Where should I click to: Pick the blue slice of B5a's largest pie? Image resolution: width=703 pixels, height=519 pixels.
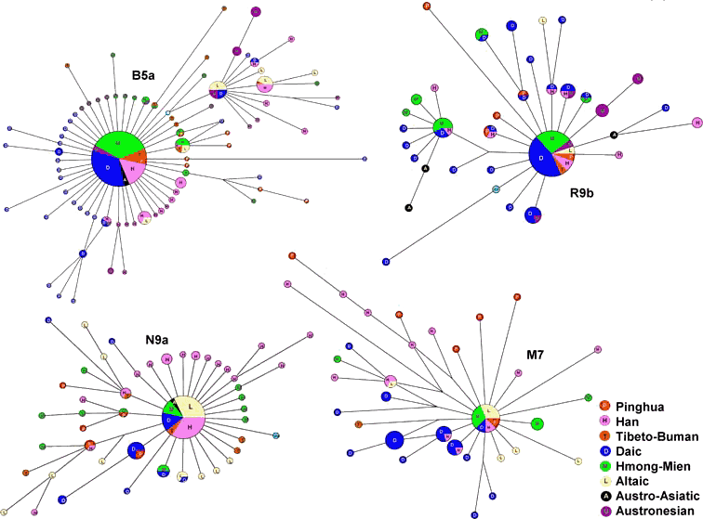click(x=109, y=168)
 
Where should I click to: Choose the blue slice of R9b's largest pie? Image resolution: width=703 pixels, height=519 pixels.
click(x=542, y=162)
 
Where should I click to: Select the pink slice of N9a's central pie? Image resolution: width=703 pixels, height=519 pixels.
click(x=190, y=428)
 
